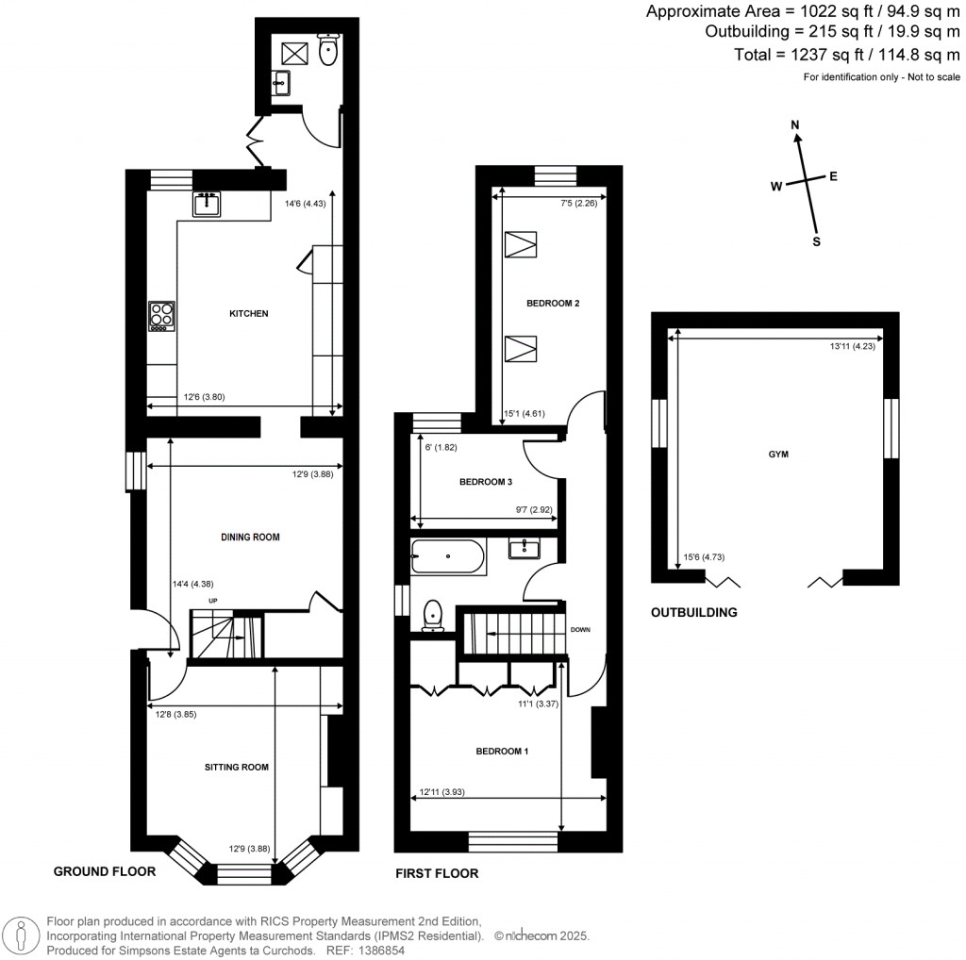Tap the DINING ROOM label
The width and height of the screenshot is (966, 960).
tap(250, 537)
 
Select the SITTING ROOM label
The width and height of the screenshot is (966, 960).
tap(236, 768)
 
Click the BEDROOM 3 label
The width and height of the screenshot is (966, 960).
tap(485, 482)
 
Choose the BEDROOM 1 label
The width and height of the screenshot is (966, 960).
tap(501, 752)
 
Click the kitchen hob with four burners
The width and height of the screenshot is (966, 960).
tap(161, 316)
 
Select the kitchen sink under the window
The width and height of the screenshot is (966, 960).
tap(207, 203)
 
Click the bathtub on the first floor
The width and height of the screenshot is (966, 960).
tap(448, 557)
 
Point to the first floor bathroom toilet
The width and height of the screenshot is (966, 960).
tap(434, 614)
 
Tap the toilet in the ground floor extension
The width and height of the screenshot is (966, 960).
tap(328, 52)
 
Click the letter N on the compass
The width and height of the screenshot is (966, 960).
tap(795, 125)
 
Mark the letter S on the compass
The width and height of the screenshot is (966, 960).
tap(817, 241)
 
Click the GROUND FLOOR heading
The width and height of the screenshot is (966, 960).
tap(104, 871)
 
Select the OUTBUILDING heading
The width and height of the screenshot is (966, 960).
tap(693, 612)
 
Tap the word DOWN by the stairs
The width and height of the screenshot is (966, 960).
tap(580, 630)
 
